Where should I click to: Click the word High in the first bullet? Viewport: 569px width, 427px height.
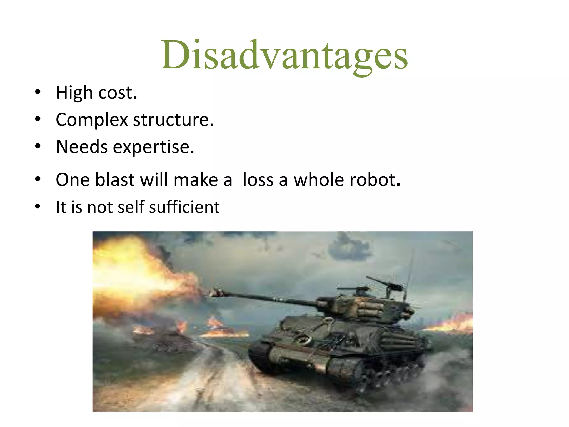point(74,93)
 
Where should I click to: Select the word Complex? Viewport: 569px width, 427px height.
point(92,120)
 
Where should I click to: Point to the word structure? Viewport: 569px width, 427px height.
point(173,120)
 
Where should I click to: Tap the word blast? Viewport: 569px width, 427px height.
point(115,180)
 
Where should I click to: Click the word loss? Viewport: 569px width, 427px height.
point(258,180)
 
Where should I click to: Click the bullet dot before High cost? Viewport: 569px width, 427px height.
point(38,92)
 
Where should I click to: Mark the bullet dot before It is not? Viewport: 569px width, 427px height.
point(38,207)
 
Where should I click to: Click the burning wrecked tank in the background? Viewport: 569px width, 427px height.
point(161,338)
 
